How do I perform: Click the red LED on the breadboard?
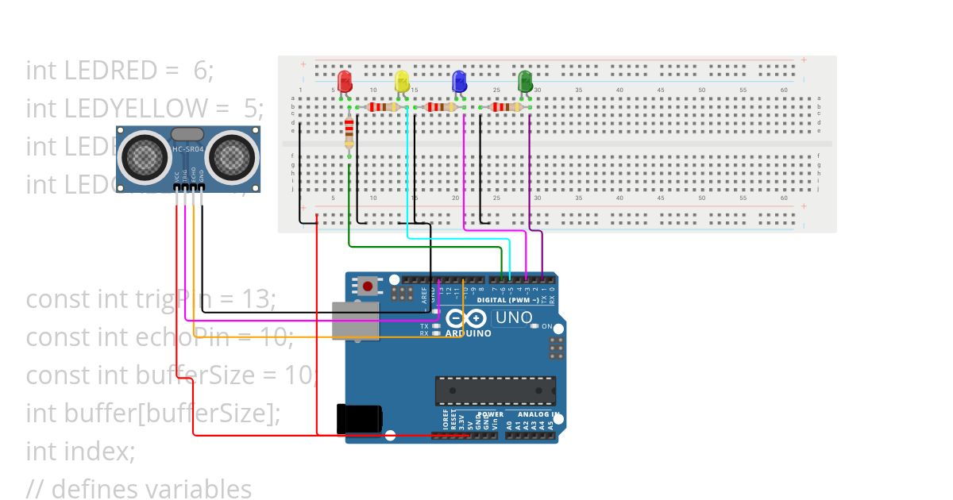pyautogui.click(x=345, y=81)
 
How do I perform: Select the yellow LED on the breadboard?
pyautogui.click(x=402, y=81)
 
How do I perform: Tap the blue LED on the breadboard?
pyautogui.click(x=458, y=81)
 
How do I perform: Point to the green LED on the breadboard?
pyautogui.click(x=524, y=81)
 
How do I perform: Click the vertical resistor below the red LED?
pyautogui.click(x=349, y=133)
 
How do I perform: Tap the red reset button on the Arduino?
pyautogui.click(x=368, y=285)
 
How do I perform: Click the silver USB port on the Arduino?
pyautogui.click(x=354, y=321)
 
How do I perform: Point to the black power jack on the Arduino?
pyautogui.click(x=359, y=418)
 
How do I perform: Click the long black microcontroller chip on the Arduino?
pyautogui.click(x=495, y=390)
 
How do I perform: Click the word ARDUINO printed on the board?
pyautogui.click(x=469, y=334)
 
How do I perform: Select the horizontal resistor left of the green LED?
pyautogui.click(x=501, y=107)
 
